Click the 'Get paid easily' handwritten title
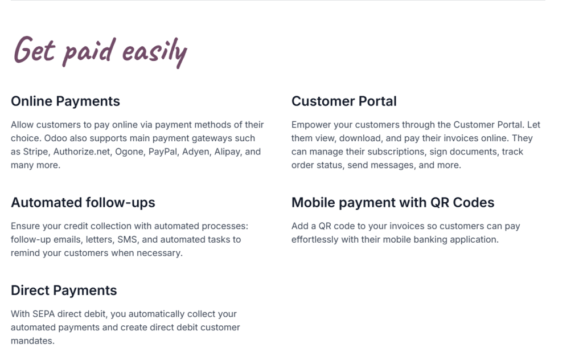coord(100,51)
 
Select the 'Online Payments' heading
coord(65,101)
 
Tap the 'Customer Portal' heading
coord(344,101)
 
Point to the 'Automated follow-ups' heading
coord(83,203)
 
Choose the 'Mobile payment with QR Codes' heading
coord(393,203)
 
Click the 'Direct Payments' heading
coord(64,291)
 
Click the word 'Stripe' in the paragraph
coord(36,152)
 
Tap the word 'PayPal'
coord(163,152)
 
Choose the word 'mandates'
coord(32,341)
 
